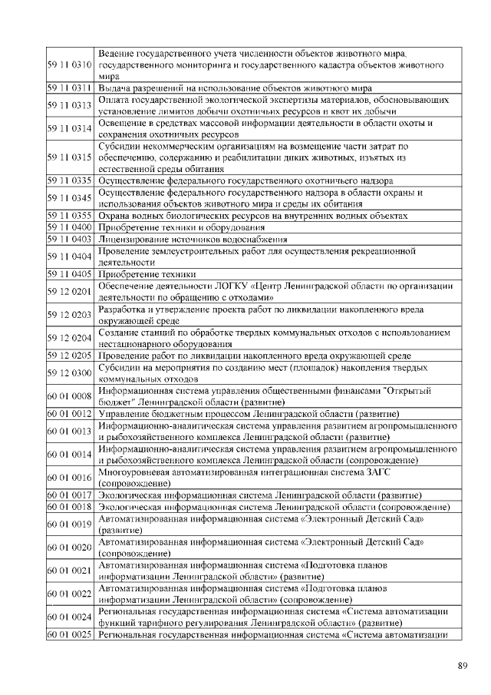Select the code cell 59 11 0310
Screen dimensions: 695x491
point(71,66)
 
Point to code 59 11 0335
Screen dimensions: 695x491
point(71,181)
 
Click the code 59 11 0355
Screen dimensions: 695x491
point(71,216)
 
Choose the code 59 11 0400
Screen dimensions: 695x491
point(71,228)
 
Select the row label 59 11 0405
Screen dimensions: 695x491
point(71,274)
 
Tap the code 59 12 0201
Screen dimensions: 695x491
point(71,292)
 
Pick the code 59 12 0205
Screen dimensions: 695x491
point(71,356)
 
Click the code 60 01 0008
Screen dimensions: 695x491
point(71,396)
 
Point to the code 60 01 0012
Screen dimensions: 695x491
point(71,414)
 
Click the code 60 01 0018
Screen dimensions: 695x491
point(71,507)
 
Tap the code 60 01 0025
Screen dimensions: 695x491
point(71,634)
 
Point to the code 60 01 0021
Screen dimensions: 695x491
point(71,570)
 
